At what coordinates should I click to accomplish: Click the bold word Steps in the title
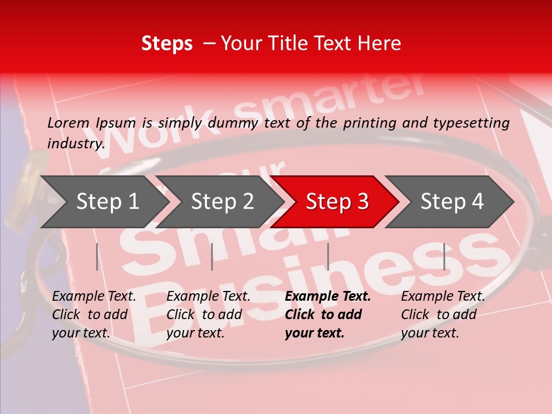coord(167,44)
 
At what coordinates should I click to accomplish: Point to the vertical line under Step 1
coord(97,256)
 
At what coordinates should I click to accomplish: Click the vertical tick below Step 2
coord(212,256)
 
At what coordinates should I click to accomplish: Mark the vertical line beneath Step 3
coord(328,256)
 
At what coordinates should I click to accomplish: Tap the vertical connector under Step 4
coord(444,256)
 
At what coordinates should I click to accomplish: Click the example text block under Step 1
coord(94,315)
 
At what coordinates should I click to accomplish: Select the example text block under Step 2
coord(208,315)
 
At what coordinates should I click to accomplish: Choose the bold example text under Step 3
coord(328,315)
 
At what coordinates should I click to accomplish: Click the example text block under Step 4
coord(443,315)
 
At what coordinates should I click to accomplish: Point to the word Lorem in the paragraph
coord(68,123)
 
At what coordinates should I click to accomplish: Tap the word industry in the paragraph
coord(75,144)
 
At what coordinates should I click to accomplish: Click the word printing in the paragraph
coord(370,123)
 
